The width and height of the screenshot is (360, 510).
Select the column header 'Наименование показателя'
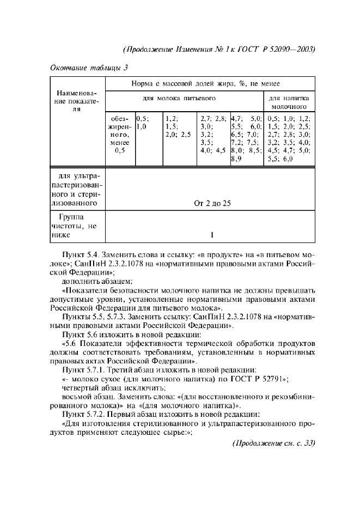click(77, 101)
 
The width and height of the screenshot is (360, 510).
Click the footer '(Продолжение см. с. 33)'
click(273, 442)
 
